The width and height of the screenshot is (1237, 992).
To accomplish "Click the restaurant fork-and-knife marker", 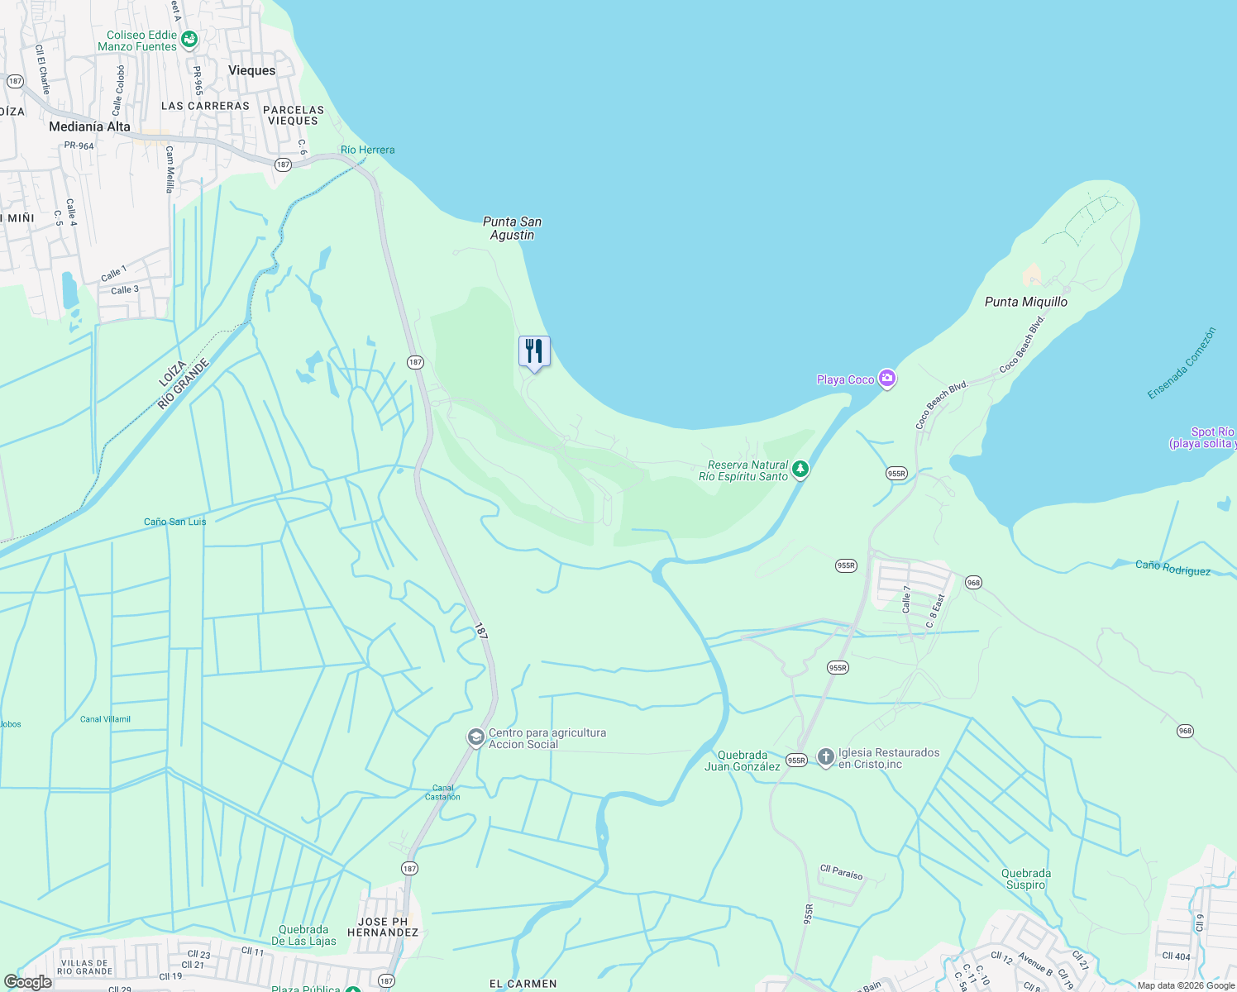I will (534, 351).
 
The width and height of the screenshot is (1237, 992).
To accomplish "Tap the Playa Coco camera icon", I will (887, 379).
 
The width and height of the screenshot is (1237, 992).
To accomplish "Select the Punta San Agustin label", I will (512, 228).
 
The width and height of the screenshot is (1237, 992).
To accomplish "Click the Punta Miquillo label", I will (1025, 302).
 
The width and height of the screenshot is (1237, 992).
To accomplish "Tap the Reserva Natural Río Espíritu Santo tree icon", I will (800, 470).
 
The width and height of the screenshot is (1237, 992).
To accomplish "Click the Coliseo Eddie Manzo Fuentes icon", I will (189, 39).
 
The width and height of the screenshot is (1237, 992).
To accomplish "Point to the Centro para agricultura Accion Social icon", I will (475, 737).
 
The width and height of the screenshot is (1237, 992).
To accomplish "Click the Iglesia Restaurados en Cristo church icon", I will (825, 757).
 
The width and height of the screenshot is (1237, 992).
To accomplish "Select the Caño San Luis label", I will (175, 522).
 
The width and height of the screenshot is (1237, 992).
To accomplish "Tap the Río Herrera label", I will (367, 150).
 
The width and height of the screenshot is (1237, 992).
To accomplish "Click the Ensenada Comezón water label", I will (1182, 364).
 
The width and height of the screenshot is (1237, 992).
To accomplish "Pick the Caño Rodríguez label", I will (1173, 568).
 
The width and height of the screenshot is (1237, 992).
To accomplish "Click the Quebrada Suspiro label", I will (1025, 879).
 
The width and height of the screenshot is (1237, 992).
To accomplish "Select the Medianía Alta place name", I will (89, 126).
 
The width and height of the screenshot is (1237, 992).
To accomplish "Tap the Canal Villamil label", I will (105, 719).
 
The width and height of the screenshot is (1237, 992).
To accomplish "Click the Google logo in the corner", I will (28, 982).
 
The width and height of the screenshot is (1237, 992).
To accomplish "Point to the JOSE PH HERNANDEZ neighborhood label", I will (383, 927).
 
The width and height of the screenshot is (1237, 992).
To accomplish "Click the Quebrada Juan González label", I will (742, 761).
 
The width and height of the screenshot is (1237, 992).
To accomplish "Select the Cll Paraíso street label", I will (841, 872).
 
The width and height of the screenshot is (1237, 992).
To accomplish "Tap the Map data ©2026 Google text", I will (1185, 985).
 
